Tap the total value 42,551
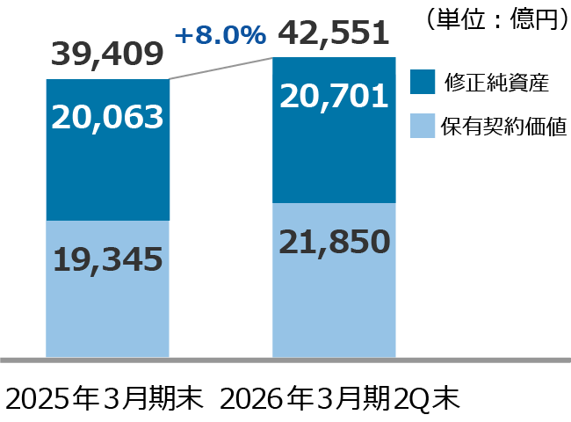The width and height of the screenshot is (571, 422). [x=334, y=34]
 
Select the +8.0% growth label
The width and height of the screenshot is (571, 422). [x=220, y=35]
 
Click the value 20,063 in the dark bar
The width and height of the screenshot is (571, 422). [x=107, y=117]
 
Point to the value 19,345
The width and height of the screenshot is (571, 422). [x=107, y=258]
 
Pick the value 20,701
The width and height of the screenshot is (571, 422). [x=334, y=95]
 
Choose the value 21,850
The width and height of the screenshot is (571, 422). [x=334, y=241]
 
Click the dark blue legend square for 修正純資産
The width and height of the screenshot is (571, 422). [x=424, y=82]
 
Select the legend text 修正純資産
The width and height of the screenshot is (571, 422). [x=495, y=83]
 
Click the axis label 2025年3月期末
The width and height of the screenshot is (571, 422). [x=105, y=398]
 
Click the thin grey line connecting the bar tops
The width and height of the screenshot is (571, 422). [x=220, y=69]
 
